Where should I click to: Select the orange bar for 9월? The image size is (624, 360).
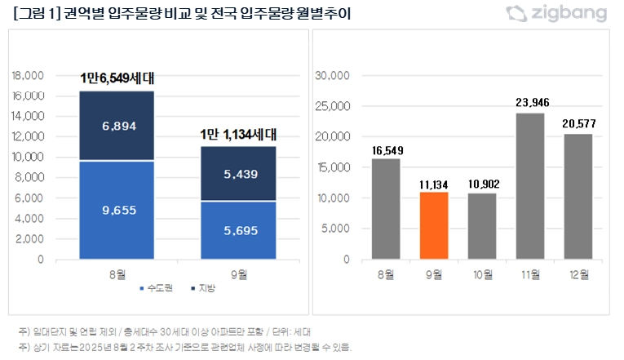434,225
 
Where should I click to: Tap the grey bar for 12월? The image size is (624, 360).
578,197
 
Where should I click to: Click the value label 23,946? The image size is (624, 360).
529,103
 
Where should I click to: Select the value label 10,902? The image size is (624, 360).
482,183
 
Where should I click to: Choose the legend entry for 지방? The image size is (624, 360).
201,288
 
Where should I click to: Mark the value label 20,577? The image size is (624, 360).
578,123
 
